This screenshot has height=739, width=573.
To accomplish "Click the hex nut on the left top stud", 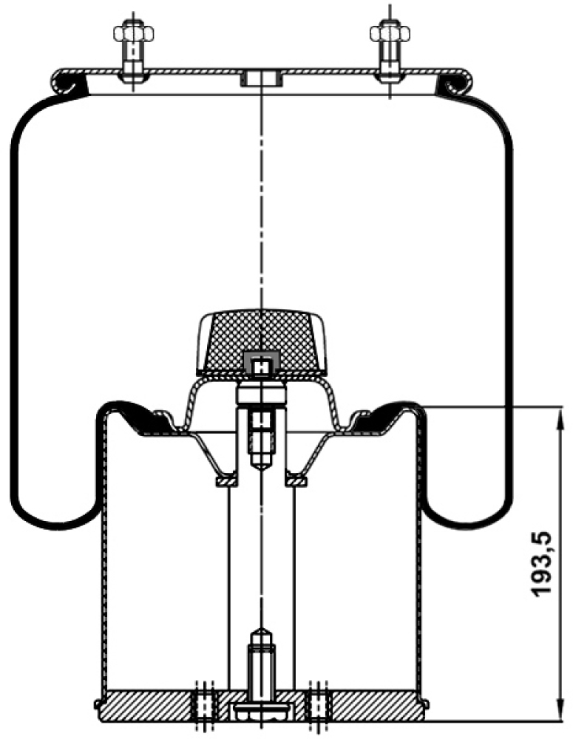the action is click(134, 33).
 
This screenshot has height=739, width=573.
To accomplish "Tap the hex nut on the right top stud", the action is click(390, 33).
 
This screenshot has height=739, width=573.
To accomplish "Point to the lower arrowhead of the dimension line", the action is click(560, 709).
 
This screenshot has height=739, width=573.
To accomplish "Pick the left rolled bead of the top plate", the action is click(69, 84).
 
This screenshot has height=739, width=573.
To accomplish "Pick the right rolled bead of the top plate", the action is click(454, 84).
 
